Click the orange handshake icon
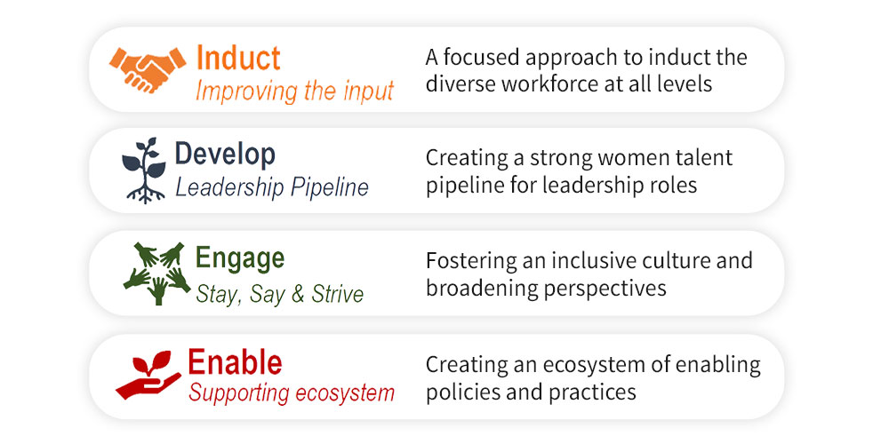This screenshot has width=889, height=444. pos(148,69)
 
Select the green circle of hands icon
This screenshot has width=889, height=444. pos(157,274)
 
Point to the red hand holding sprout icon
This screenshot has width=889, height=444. pos(148,375)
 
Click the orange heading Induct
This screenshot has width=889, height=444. pos(238,58)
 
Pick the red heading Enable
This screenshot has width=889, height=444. pos(235,362)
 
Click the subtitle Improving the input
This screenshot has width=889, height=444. pos(295,91)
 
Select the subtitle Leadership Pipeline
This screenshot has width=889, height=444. pos(271,187)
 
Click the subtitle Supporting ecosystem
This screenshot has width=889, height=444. pos(292,392)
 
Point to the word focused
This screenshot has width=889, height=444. pos(477,57)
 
